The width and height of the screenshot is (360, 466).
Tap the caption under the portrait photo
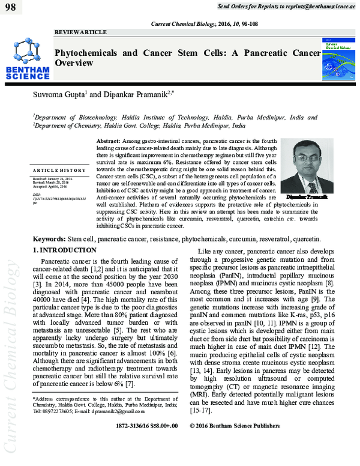[307, 197]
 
